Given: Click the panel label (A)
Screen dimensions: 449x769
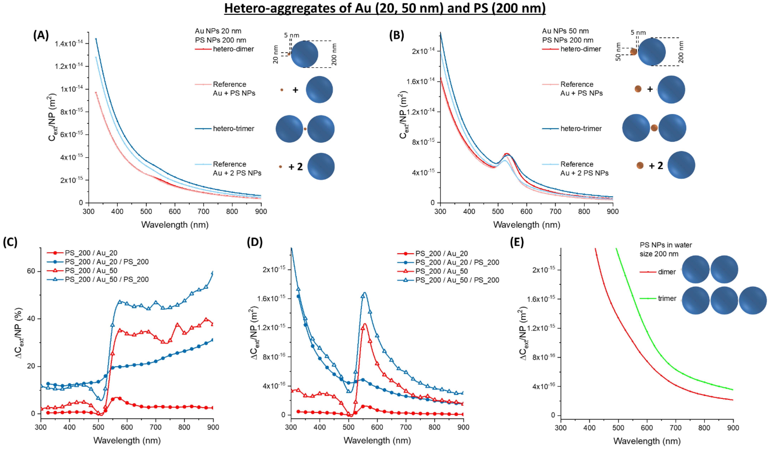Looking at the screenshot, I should [x=41, y=35].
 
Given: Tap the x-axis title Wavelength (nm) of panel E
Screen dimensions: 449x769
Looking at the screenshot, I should [x=647, y=441].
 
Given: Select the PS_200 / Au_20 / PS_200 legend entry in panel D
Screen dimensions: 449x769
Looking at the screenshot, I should [x=457, y=262].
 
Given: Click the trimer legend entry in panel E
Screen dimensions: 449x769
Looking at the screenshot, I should [x=667, y=299].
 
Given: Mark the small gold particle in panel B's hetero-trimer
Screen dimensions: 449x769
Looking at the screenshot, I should [x=654, y=128].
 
